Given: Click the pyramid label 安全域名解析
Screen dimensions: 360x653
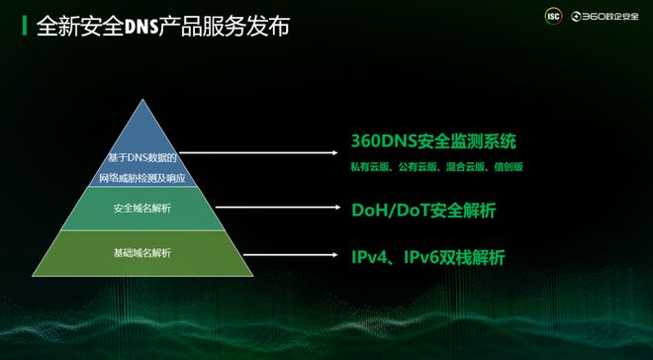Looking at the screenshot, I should click(x=142, y=209).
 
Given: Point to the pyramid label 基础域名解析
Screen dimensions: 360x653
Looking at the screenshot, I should click(x=142, y=253).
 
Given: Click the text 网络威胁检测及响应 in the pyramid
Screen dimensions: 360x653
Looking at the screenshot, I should click(x=142, y=178).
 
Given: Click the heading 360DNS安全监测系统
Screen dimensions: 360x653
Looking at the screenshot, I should click(x=433, y=140).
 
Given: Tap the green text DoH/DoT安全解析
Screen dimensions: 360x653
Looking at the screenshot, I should click(x=423, y=210).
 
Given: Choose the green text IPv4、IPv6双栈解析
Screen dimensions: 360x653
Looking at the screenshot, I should click(x=427, y=257).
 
